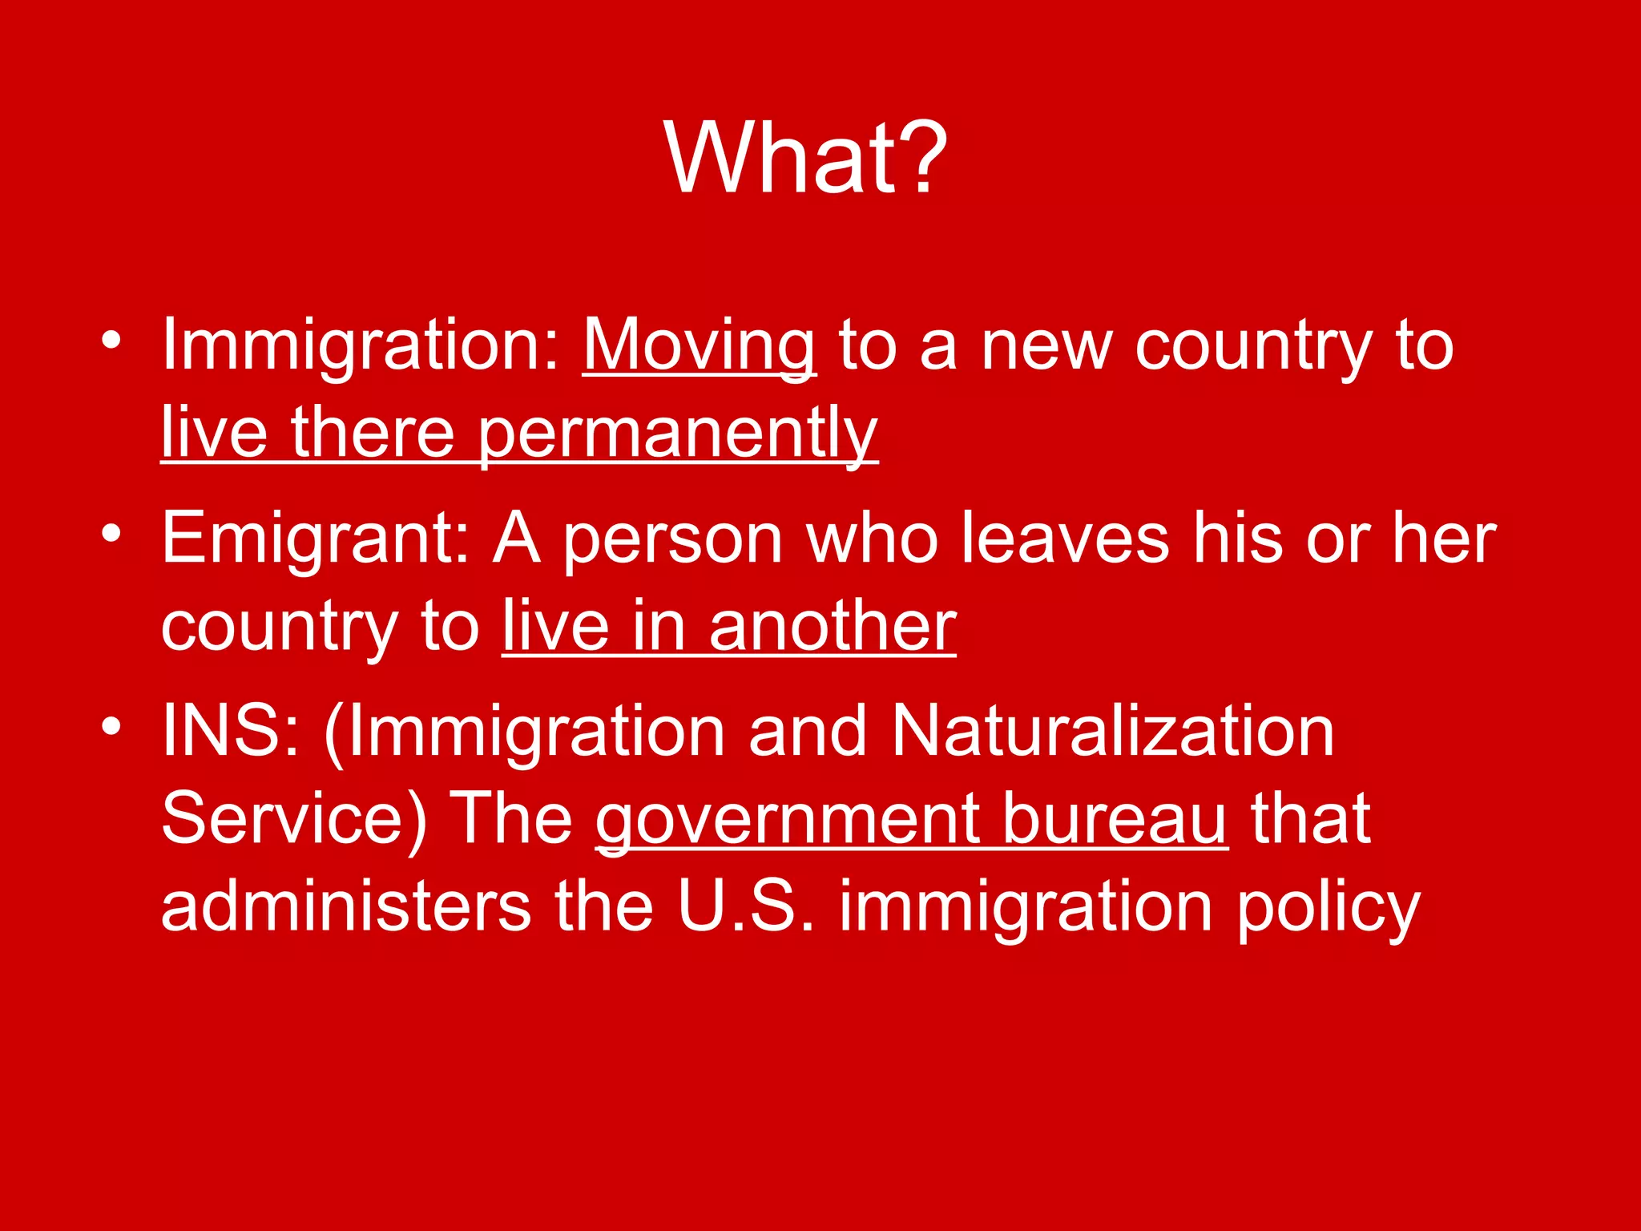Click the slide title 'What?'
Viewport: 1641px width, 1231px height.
click(806, 158)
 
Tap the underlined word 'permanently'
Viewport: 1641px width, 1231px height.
click(678, 433)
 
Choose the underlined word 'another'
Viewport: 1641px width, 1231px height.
click(833, 626)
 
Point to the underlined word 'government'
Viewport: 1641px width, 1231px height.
click(787, 818)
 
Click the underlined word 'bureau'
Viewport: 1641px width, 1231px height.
click(1115, 818)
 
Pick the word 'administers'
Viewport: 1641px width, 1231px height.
click(345, 906)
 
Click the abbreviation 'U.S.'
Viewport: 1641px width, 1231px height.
click(745, 906)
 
